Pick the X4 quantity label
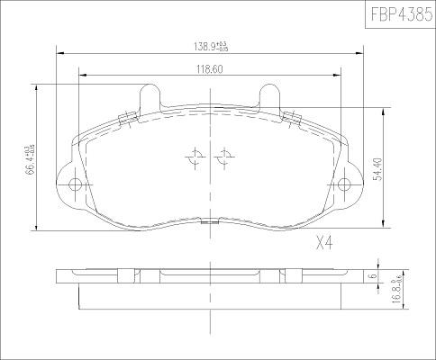pos(326,242)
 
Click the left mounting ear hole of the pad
pos(75,186)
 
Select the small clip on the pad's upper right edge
pos(292,115)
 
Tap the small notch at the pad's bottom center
pos(209,221)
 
